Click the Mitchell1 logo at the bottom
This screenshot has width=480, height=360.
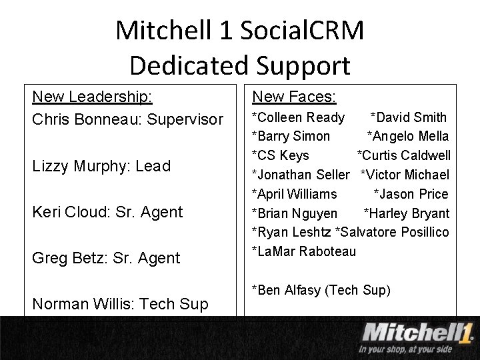(x=417, y=332)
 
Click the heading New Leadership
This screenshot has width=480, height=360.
(x=92, y=97)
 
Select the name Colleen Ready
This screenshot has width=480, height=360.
(x=299, y=118)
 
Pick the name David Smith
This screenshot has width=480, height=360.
(x=410, y=118)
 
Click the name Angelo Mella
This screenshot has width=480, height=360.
(x=409, y=137)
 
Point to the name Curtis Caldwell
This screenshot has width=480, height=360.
(x=406, y=155)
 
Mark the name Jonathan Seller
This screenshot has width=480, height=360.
(x=301, y=175)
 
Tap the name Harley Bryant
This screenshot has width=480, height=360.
(x=408, y=213)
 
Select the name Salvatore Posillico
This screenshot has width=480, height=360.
(x=393, y=232)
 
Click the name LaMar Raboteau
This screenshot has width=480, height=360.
(x=305, y=251)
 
